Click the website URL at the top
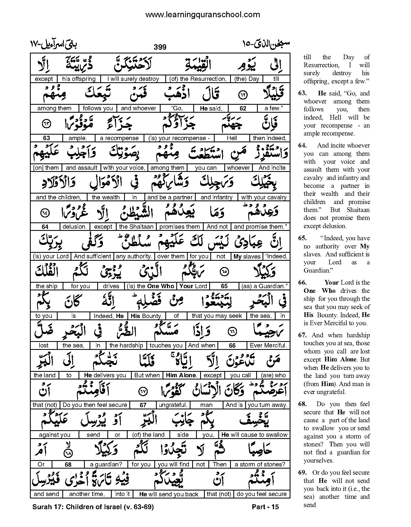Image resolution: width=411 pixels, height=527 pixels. point(202,15)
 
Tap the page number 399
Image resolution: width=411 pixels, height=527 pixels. point(160,47)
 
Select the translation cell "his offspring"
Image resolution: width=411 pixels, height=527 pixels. point(79,79)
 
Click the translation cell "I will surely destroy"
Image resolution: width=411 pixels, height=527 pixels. point(133,79)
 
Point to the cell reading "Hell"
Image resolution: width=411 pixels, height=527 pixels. point(232,138)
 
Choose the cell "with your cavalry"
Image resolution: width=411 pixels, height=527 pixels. point(264,197)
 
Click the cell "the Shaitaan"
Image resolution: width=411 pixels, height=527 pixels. point(137,227)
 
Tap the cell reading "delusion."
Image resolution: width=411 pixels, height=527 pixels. point(75,227)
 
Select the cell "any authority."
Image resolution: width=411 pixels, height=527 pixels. point(134,256)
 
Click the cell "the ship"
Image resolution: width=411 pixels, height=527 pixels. point(46,286)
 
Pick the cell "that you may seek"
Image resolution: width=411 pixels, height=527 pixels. point(217,316)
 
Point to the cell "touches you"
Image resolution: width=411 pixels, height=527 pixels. point(166,345)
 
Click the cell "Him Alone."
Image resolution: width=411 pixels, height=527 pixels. point(181,375)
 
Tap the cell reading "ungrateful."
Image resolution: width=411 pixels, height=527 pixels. point(173,405)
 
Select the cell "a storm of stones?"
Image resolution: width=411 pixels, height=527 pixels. point(260,464)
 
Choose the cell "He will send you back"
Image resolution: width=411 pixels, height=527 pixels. point(169,494)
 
